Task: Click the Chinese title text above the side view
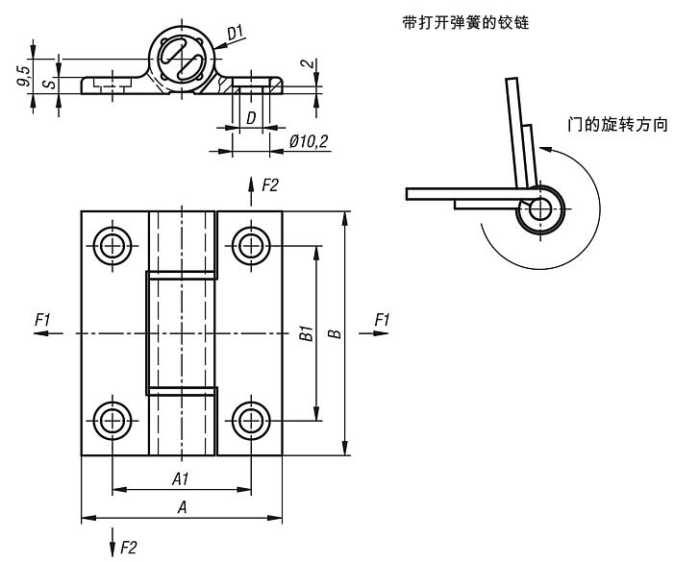(x=468, y=21)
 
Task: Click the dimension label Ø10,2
(x=309, y=142)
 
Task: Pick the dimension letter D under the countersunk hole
(x=249, y=118)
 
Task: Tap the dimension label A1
(x=180, y=477)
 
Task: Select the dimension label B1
(x=302, y=334)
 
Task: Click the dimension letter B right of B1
(x=334, y=334)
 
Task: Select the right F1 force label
(x=382, y=318)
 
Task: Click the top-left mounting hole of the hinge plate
(x=113, y=246)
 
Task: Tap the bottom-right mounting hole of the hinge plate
(x=249, y=420)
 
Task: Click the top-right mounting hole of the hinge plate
(x=249, y=246)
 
